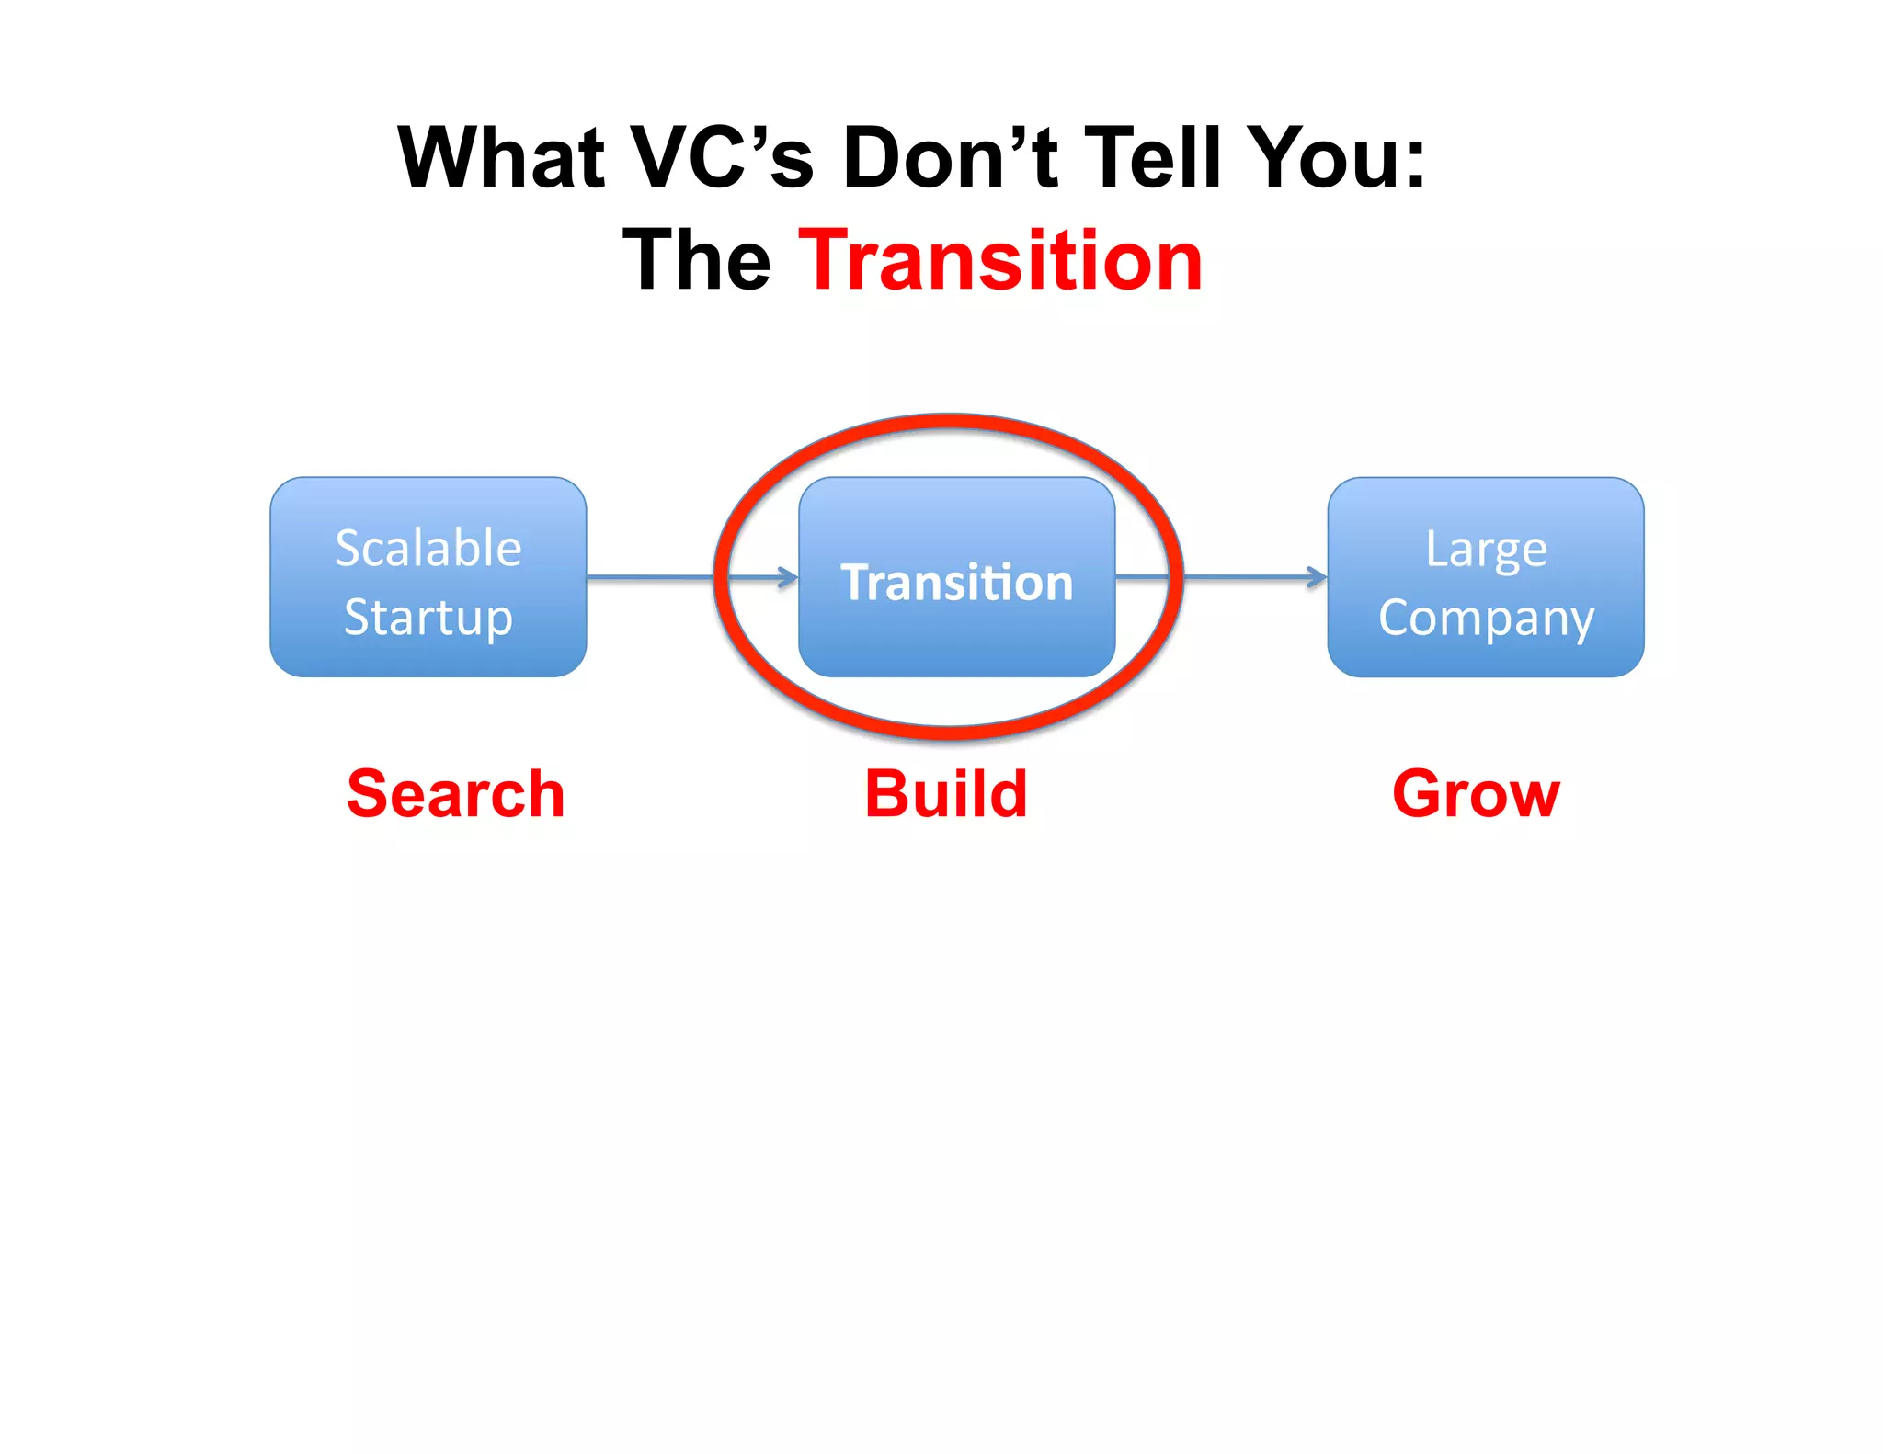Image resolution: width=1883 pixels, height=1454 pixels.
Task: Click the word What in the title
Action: (501, 158)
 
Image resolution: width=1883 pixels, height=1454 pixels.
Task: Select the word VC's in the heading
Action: (724, 158)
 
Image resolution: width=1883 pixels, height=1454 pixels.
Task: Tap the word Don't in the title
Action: (949, 158)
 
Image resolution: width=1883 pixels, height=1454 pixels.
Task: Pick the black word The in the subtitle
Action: (697, 261)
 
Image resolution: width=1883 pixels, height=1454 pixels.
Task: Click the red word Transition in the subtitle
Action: (1000, 261)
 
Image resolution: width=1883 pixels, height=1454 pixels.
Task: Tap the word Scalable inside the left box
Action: (428, 548)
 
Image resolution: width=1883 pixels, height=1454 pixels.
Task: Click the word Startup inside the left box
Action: (428, 618)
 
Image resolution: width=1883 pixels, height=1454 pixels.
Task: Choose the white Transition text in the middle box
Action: (957, 583)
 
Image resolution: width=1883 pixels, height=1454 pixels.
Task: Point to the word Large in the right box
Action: (1486, 550)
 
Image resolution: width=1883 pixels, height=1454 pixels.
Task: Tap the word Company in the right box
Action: (1486, 618)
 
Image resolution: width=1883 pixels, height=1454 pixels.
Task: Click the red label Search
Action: (456, 794)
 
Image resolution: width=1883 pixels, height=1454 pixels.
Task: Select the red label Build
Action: (946, 794)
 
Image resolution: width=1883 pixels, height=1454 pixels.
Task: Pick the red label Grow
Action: (1476, 794)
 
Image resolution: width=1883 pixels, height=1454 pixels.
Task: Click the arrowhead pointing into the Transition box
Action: (789, 577)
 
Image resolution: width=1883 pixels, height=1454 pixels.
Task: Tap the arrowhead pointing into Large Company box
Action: (1318, 577)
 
